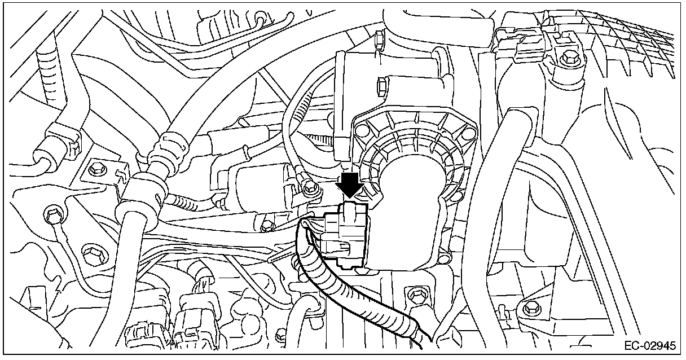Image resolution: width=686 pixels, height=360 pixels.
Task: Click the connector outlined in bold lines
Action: click(x=345, y=236)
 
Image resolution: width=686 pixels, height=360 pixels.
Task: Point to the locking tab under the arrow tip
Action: click(x=351, y=209)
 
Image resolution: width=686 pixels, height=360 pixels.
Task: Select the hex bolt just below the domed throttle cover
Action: click(x=416, y=295)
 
